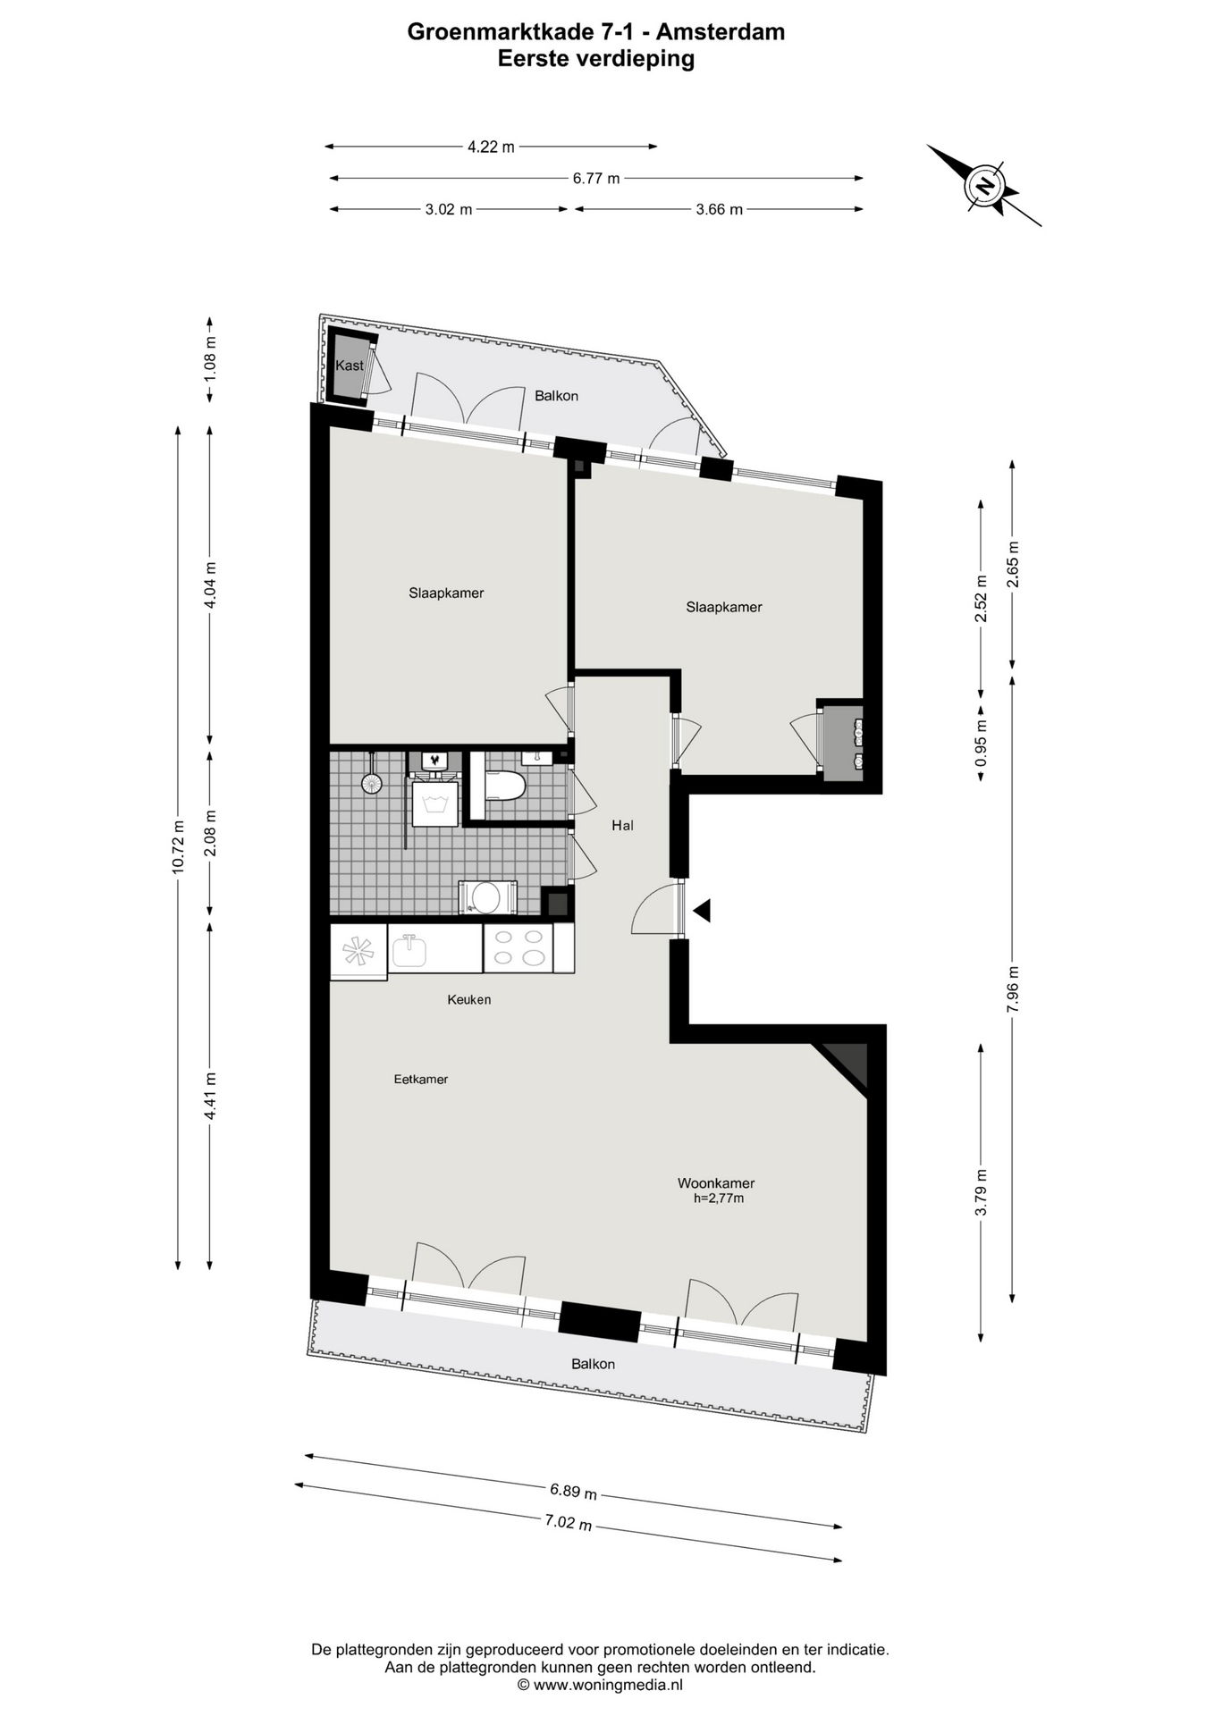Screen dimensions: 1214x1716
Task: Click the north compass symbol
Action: (984, 186)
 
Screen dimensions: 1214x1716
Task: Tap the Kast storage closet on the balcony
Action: (350, 366)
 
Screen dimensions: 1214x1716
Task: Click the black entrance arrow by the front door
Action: (702, 911)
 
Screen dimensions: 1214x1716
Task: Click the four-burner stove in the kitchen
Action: (518, 947)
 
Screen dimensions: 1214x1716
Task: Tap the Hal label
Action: (622, 826)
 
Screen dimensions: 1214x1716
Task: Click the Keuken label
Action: (469, 999)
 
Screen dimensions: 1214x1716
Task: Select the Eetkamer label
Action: (421, 1079)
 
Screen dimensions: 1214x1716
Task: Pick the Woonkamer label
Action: (716, 1183)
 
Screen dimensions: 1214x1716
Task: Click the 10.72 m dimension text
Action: (178, 846)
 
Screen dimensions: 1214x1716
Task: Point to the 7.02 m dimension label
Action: (569, 1522)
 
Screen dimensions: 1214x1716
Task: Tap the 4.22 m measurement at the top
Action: (491, 147)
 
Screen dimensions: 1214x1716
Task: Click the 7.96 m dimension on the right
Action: (1012, 989)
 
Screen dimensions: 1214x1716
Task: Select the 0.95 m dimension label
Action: (981, 743)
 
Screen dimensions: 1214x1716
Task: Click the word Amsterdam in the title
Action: (720, 32)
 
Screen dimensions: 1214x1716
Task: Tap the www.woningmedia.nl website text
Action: (608, 1685)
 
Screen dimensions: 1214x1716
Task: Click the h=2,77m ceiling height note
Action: (719, 1199)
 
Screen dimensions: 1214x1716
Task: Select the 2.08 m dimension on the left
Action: (210, 833)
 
